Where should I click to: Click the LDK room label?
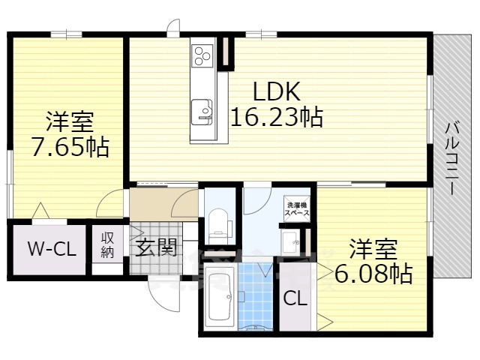point(276,92)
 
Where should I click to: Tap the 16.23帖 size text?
point(276,117)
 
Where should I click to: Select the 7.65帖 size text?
point(70,145)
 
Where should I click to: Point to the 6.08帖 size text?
point(373,275)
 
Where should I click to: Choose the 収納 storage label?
point(107,245)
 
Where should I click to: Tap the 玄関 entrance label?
point(156,247)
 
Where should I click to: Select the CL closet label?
point(295,298)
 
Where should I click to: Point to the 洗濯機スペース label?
point(294,208)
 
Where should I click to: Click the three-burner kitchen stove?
point(203,55)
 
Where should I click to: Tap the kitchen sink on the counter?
point(202,110)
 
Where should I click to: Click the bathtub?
point(219,298)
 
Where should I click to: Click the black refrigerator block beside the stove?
point(228,52)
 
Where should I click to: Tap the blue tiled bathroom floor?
point(257,300)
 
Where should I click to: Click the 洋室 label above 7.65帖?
point(70,121)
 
